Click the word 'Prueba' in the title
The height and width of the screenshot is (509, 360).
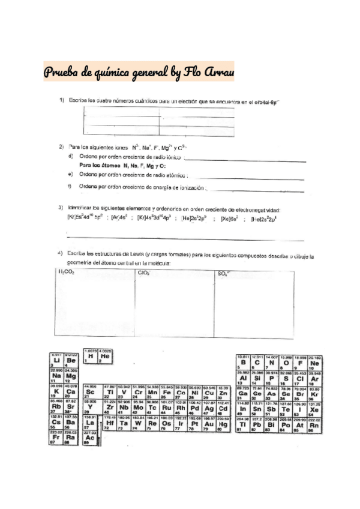tap(61, 73)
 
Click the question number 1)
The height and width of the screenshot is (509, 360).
tap(61, 100)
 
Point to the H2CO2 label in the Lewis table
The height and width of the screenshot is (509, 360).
tap(66, 273)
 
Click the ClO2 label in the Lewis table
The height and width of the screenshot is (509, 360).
tap(144, 273)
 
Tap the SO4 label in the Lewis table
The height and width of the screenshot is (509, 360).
tap(224, 273)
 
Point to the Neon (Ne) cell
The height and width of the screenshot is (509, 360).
tap(315, 363)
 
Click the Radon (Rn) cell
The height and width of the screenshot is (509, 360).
tap(315, 425)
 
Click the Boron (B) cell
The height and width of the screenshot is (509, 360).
tap(244, 363)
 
